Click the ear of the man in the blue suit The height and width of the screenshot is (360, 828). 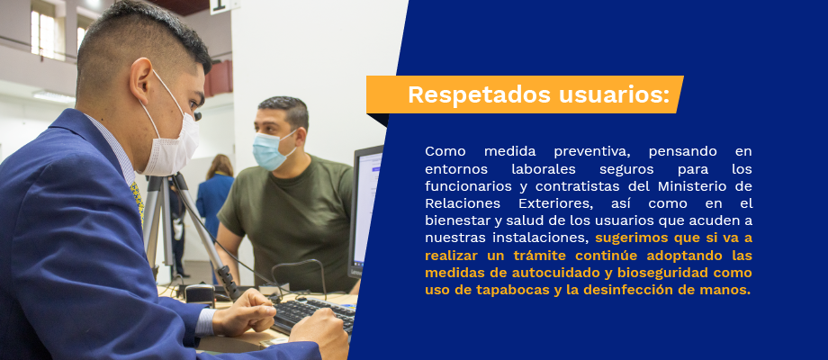pyautogui.click(x=141, y=83)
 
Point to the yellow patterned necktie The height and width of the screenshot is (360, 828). pyautogui.click(x=138, y=200)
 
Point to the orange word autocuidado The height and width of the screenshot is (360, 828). pyautogui.click(x=557, y=274)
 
